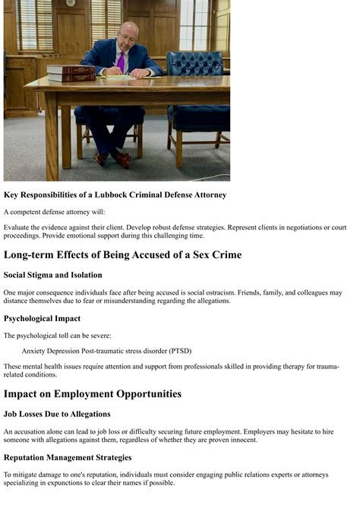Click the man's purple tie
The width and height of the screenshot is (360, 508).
tap(120, 61)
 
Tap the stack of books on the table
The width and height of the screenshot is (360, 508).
tap(71, 73)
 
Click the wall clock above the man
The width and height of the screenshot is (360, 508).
tap(71, 3)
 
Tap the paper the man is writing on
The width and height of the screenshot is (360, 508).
tap(118, 76)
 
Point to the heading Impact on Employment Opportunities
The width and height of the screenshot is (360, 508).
tap(93, 393)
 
